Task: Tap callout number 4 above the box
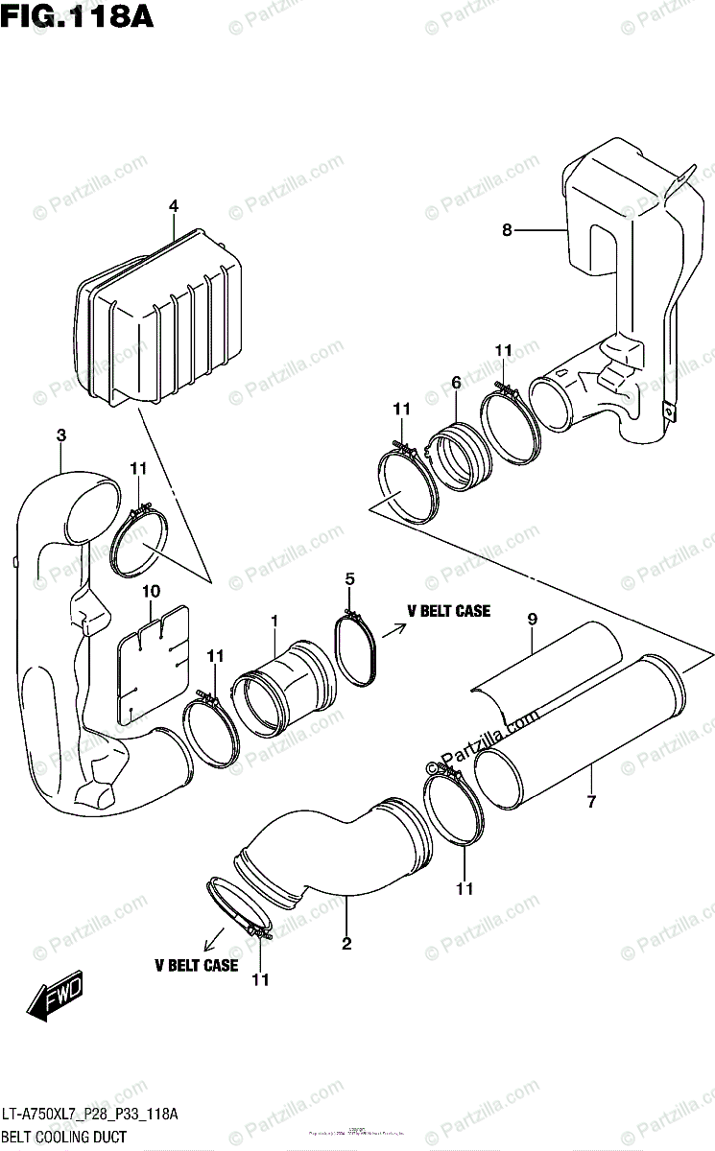[174, 206]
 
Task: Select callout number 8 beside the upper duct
[506, 229]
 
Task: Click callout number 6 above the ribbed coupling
[457, 383]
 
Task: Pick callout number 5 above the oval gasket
[350, 578]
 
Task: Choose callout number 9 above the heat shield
[531, 621]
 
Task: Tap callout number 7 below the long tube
[591, 801]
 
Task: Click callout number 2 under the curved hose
[346, 945]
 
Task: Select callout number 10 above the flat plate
[151, 591]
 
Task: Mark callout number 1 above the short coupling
[274, 622]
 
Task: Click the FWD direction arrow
[56, 997]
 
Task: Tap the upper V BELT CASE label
[448, 611]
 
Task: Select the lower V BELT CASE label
[196, 966]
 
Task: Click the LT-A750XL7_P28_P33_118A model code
[90, 1114]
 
